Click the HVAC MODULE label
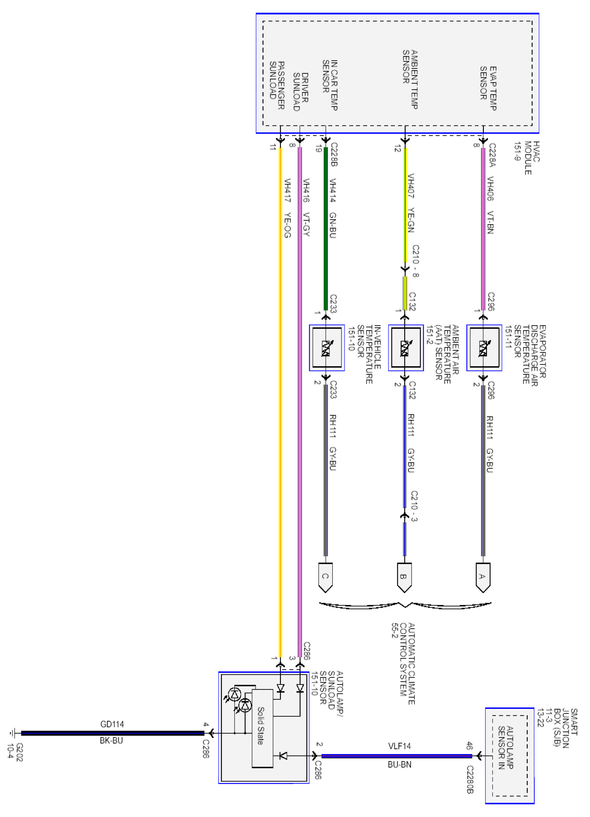pos(527,158)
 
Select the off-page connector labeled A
pos(483,577)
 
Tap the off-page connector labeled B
pos(404,577)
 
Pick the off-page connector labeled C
pos(325,577)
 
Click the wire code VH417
pos(287,191)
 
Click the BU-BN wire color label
pos(399,764)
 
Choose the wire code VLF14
pos(399,746)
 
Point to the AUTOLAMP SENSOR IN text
pos(506,748)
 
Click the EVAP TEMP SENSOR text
pos(488,88)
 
